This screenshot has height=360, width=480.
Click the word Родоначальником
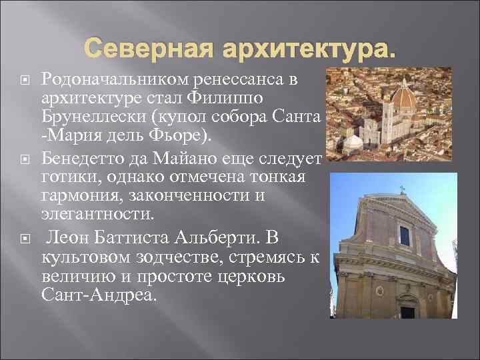[x=116, y=80]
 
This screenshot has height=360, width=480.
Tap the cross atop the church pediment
[x=402, y=190]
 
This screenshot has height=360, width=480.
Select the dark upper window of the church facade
[x=405, y=235]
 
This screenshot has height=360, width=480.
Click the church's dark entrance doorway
[x=407, y=311]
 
